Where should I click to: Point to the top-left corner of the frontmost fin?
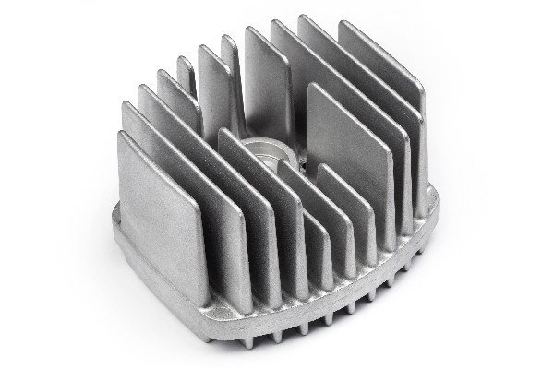(120, 135)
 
